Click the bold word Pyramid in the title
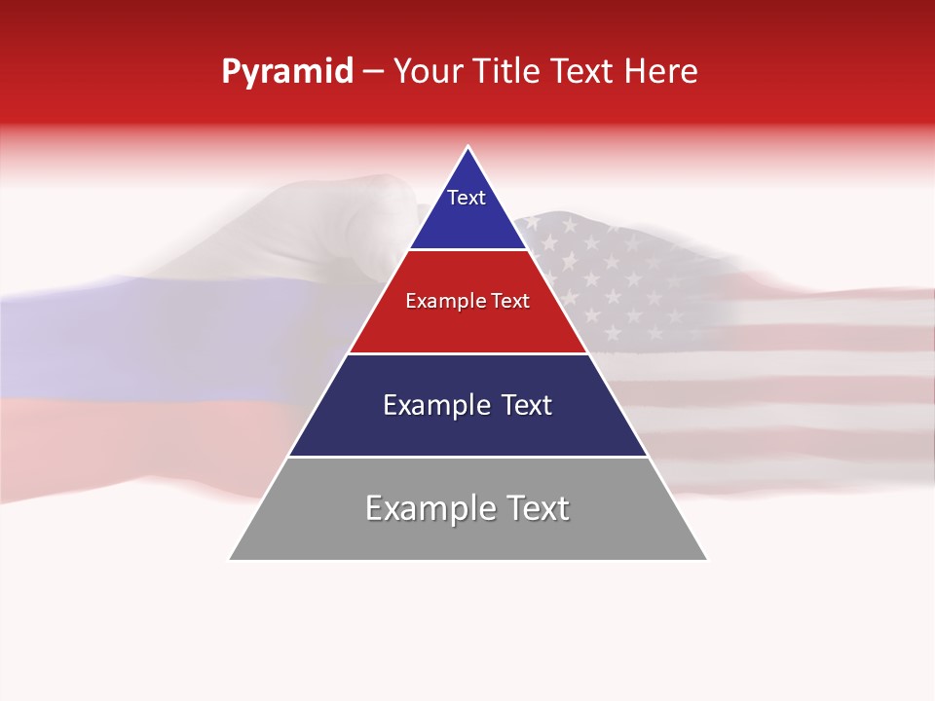click(286, 72)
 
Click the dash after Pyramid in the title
click(372, 73)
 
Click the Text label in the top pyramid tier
click(467, 198)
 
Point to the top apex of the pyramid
click(468, 148)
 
